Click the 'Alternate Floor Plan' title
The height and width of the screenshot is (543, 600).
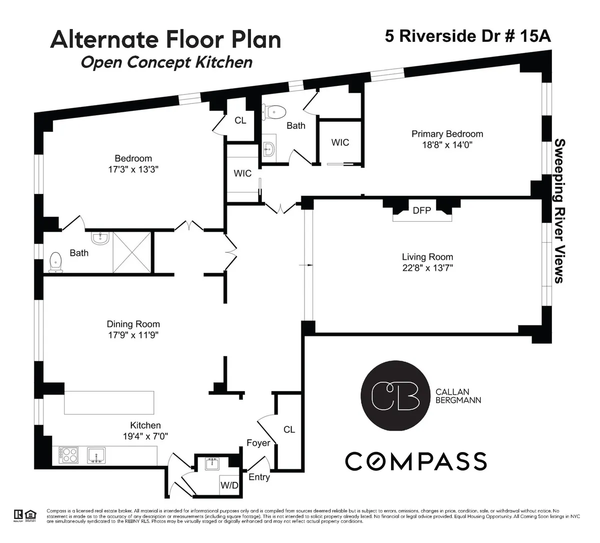[165, 39]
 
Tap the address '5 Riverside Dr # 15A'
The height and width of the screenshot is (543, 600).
[468, 36]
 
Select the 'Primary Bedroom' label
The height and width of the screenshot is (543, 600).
[447, 134]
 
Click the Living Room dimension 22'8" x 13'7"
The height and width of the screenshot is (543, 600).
[427, 267]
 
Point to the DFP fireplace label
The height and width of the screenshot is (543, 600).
[421, 210]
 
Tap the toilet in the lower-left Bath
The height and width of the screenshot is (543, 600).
[55, 262]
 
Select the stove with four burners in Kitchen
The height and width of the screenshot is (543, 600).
[69, 455]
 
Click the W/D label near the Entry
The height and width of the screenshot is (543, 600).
[229, 485]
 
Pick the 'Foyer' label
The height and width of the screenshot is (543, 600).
[258, 443]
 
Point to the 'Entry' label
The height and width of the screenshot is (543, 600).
[259, 477]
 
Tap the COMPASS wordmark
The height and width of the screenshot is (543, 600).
[415, 461]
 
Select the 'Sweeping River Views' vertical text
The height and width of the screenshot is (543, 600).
[559, 211]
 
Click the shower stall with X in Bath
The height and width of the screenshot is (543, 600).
[131, 252]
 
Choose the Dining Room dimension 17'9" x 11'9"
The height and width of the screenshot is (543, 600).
[133, 335]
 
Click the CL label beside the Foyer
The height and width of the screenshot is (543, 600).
[289, 430]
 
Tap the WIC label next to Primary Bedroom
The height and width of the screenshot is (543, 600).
[340, 142]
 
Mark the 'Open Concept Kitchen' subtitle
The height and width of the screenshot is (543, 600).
[166, 62]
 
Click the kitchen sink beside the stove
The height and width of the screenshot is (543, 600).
[96, 455]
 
